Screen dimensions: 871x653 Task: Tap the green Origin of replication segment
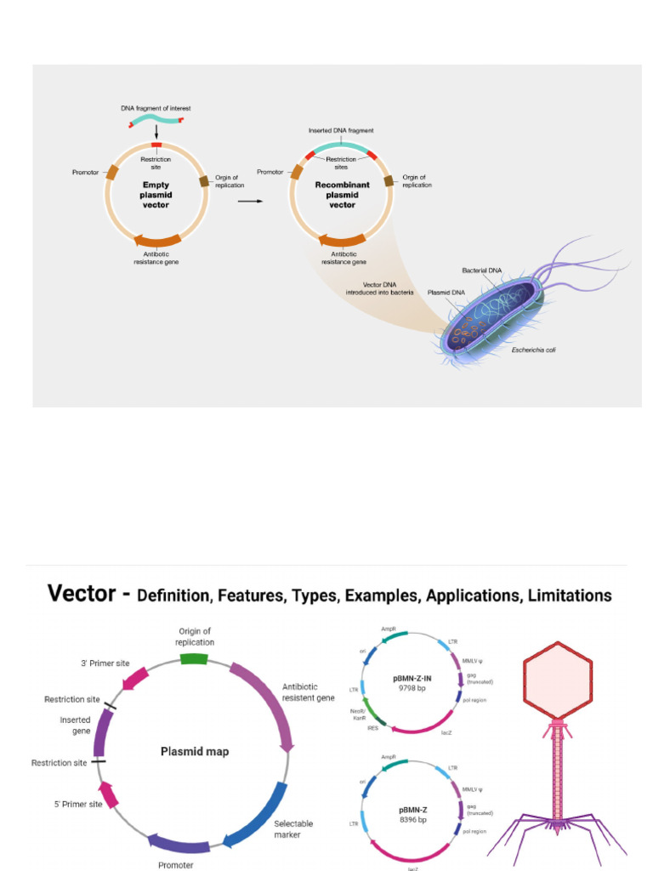pyautogui.click(x=194, y=658)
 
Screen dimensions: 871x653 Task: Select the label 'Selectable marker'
pyautogui.click(x=293, y=828)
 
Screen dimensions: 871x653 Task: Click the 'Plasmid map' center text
pyautogui.click(x=195, y=751)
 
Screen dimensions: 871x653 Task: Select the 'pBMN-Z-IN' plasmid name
pyautogui.click(x=412, y=677)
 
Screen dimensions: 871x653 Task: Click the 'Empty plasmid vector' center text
pyautogui.click(x=156, y=194)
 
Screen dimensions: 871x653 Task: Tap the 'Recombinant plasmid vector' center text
pyautogui.click(x=340, y=194)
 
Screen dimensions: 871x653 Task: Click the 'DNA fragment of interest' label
pyautogui.click(x=156, y=108)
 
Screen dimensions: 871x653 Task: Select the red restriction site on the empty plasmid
pyautogui.click(x=156, y=146)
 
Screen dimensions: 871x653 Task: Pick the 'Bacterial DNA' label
pyautogui.click(x=482, y=270)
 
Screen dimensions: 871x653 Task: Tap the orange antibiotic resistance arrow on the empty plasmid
pyautogui.click(x=156, y=241)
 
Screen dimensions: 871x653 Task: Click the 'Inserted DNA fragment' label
pyautogui.click(x=341, y=130)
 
